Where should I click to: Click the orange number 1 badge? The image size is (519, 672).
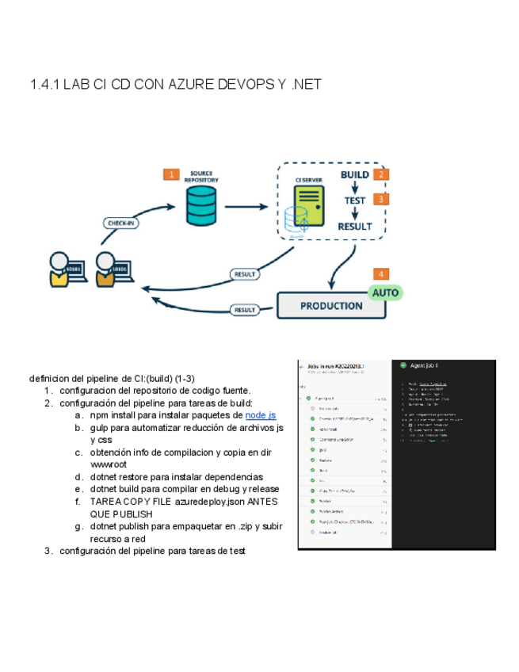coord(170,174)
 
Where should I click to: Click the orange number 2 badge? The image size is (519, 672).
coord(381,174)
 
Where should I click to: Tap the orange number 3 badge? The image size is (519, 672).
coord(381,200)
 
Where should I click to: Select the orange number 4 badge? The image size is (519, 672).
coord(382,273)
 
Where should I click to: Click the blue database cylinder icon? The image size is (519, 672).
coord(201,206)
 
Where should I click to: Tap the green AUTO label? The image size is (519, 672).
coord(385,292)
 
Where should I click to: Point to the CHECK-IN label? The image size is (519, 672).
coord(120,223)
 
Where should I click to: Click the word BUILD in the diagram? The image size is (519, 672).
coord(354,174)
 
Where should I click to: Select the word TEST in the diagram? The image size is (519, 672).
coord(354,200)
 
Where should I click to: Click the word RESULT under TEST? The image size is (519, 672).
coord(354,227)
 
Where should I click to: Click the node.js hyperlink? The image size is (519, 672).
coord(261,415)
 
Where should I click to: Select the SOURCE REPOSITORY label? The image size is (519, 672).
coord(201,176)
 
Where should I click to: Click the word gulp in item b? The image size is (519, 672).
coord(100,428)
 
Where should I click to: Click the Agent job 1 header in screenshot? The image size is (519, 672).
coord(424,365)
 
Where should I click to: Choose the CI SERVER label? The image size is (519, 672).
coord(308,181)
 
